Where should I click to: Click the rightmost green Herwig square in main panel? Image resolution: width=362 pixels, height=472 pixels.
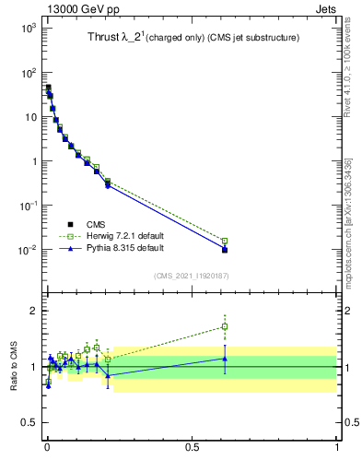tap(225, 241)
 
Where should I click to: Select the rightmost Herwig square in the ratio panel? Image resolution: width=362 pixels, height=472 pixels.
tap(225, 326)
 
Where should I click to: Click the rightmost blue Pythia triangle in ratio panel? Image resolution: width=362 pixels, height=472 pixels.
tap(225, 359)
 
